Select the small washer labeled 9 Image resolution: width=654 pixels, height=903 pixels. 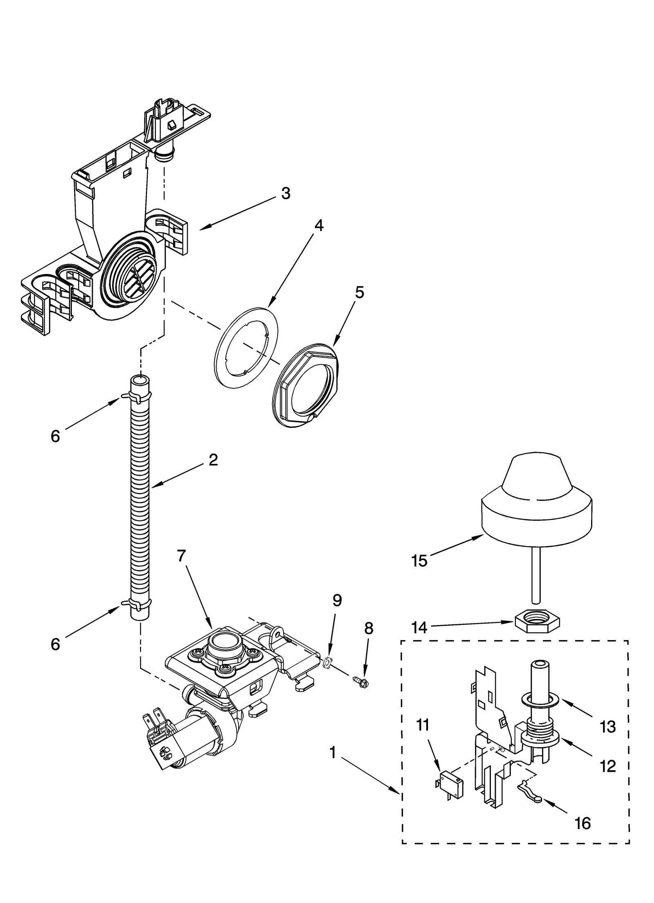(327, 661)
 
